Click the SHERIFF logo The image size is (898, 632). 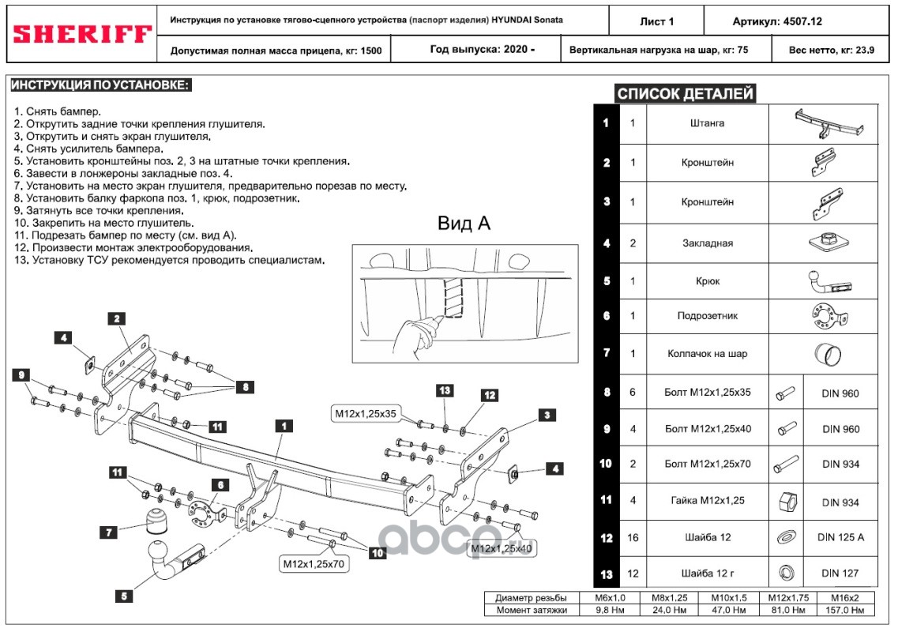(83, 34)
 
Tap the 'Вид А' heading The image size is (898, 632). (464, 224)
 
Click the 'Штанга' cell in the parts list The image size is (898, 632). (707, 123)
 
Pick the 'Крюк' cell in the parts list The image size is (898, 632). (707, 280)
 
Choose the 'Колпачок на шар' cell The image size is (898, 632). (707, 353)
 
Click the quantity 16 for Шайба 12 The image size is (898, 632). (633, 537)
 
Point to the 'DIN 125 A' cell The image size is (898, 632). (840, 537)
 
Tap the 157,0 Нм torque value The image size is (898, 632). (847, 610)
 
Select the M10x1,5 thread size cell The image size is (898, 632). (729, 597)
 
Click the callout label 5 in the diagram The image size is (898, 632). (123, 597)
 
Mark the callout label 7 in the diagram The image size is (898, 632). (110, 532)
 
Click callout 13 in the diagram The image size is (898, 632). (444, 390)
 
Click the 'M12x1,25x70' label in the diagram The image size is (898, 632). (314, 564)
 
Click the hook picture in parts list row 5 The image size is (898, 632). (821, 280)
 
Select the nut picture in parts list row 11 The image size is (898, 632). (788, 501)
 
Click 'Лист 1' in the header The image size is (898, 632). (656, 21)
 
